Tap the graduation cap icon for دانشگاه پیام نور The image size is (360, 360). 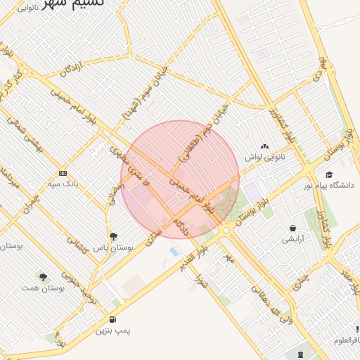(x=328, y=175)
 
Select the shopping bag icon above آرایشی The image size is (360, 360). (x=292, y=229)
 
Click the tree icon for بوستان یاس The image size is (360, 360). (x=113, y=236)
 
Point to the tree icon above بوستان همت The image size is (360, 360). (x=44, y=277)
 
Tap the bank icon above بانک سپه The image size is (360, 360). (x=63, y=173)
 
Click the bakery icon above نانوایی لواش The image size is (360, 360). (x=264, y=146)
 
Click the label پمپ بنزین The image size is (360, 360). (x=113, y=330)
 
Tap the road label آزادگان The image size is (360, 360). (x=71, y=70)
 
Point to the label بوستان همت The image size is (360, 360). (x=43, y=288)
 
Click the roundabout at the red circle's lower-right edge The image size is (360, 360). (x=226, y=231)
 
